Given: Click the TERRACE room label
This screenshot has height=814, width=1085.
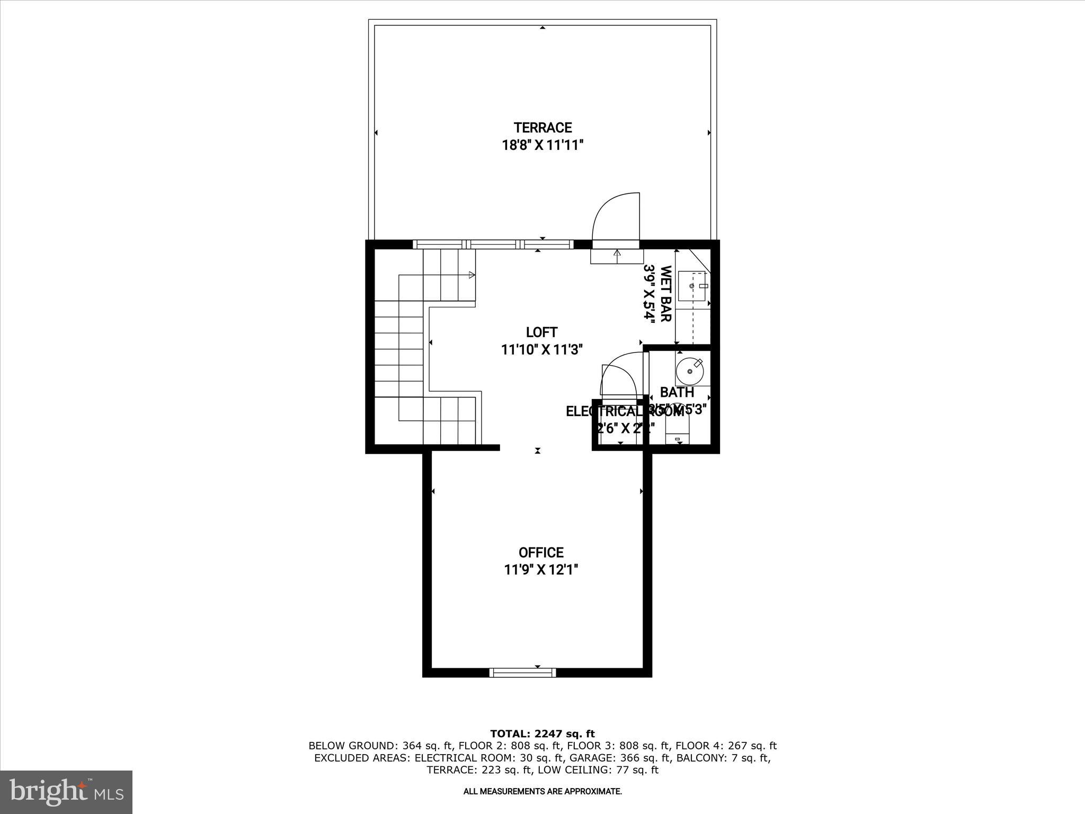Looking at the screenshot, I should coord(542,128).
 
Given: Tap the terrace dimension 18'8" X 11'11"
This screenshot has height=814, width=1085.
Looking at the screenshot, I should coord(542,145).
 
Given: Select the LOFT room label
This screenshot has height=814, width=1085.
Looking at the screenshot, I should coord(541,332).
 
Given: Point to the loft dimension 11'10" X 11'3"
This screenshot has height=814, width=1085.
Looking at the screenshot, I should coord(541,350).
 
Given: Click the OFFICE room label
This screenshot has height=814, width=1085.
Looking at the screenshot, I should coord(541,553).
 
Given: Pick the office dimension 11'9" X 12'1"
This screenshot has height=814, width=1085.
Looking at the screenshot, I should coord(541,570).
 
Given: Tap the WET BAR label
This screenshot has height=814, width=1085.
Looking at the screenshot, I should coord(666,294).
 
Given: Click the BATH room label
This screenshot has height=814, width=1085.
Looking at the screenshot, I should coord(677,393).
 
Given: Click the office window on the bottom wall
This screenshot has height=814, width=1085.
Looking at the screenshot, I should coord(522,673).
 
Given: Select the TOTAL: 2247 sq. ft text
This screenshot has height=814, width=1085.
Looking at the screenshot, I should coord(542,734).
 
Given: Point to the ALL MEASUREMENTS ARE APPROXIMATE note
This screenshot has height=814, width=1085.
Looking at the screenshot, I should coord(542,792).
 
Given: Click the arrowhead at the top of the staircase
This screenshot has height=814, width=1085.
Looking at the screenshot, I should coord(471,275).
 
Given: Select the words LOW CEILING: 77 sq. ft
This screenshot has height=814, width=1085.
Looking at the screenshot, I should coord(598,770).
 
